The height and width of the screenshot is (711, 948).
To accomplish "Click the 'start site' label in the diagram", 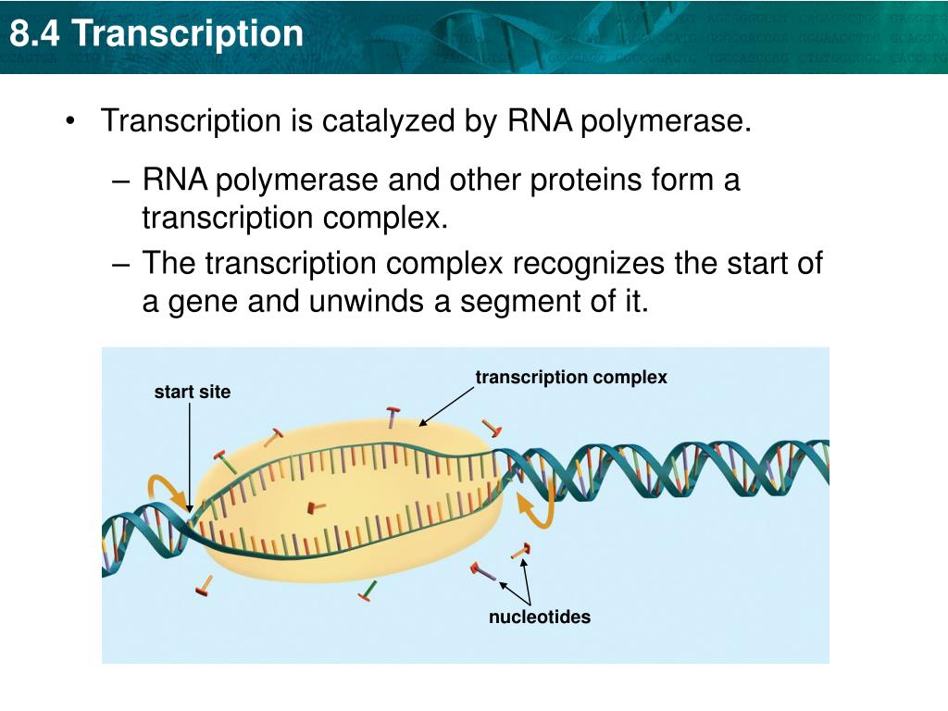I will tap(192, 393).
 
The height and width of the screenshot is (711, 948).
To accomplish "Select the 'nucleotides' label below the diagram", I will tap(539, 617).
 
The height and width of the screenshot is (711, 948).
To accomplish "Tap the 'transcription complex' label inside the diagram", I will tap(570, 378).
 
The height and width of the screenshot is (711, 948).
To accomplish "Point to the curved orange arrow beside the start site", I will tap(167, 491).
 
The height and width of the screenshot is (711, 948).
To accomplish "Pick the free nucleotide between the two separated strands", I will tap(317, 506).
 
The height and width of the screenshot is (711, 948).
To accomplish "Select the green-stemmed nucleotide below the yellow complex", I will tap(368, 590).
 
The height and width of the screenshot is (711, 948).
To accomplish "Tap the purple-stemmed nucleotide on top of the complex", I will tap(393, 418).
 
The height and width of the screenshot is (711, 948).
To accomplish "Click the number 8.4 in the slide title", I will tap(36, 34).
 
